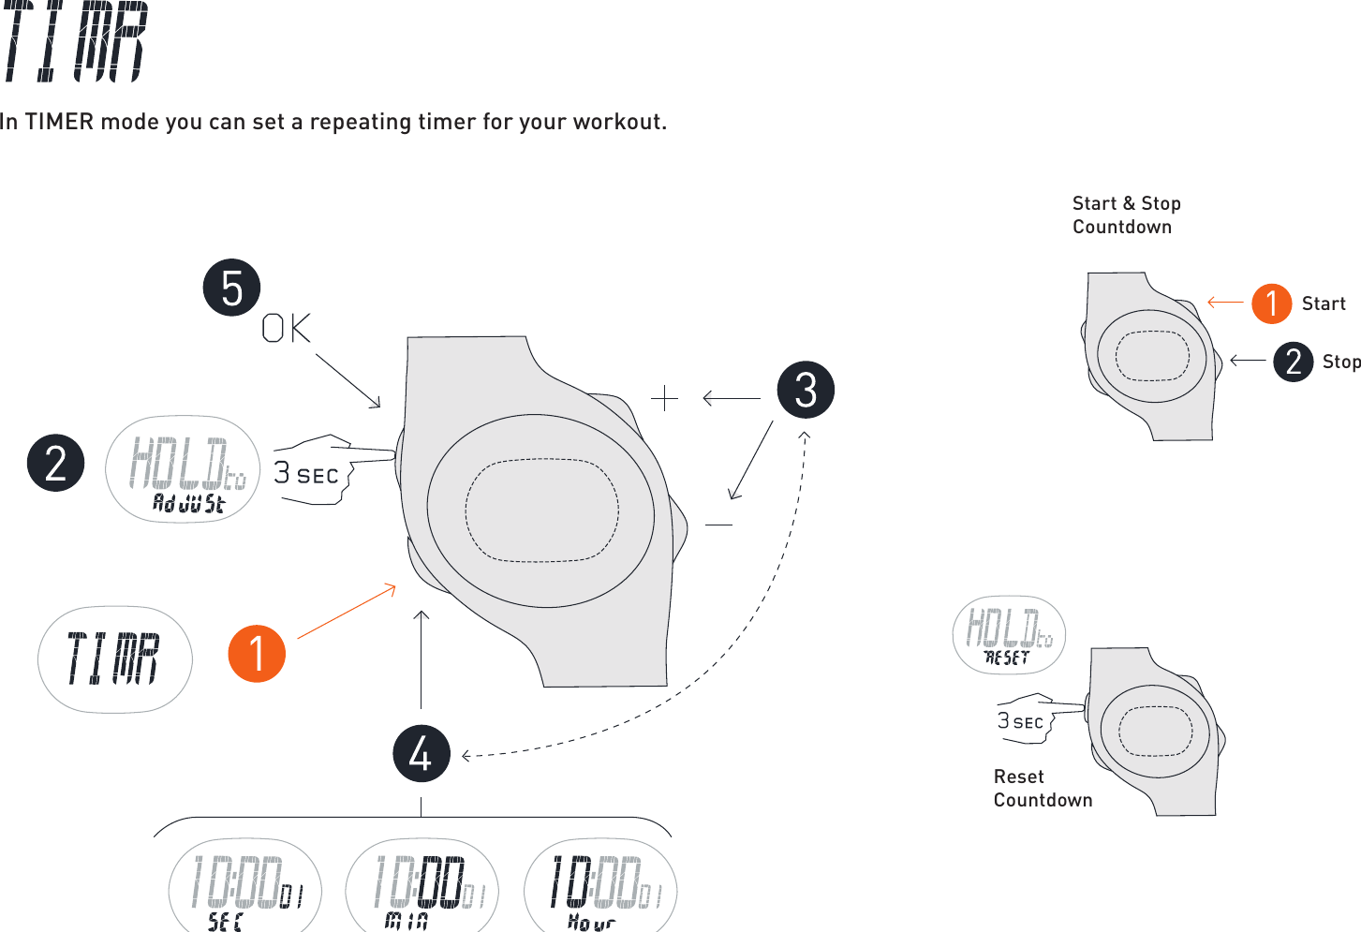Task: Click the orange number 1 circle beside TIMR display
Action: pyautogui.click(x=257, y=654)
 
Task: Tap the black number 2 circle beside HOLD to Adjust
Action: pyautogui.click(x=56, y=464)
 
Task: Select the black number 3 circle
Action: pyautogui.click(x=806, y=390)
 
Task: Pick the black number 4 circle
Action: pyautogui.click(x=422, y=753)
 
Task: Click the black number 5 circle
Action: pyautogui.click(x=231, y=288)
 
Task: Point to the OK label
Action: pyautogui.click(x=286, y=329)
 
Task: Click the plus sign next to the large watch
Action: pyautogui.click(x=664, y=399)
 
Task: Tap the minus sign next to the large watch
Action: pyautogui.click(x=718, y=525)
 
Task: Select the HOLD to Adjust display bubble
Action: pyautogui.click(x=184, y=469)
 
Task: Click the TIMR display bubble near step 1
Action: pyautogui.click(x=114, y=659)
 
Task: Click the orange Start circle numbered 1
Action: pyautogui.click(x=1272, y=303)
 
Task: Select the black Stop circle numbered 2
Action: pyautogui.click(x=1293, y=362)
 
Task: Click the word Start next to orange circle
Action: pyautogui.click(x=1324, y=304)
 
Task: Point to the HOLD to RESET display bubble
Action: pyautogui.click(x=1009, y=635)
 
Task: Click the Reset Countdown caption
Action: pyautogui.click(x=1043, y=789)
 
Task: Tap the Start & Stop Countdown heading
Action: pyautogui.click(x=1126, y=215)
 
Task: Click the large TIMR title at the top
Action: pyautogui.click(x=75, y=42)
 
